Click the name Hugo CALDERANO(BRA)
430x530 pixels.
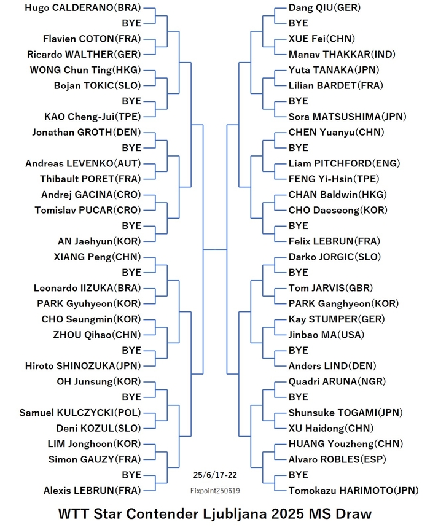83,8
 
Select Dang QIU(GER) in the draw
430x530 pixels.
324,8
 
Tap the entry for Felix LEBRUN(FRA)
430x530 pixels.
334,241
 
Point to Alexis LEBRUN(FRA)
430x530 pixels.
92,491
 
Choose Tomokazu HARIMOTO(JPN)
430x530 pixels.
354,491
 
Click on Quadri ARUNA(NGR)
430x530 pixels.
337,381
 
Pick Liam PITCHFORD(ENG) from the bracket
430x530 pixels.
344,163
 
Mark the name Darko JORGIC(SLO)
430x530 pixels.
335,257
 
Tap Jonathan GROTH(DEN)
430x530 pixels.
87,132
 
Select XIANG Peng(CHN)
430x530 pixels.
97,257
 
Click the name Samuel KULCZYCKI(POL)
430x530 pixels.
80,413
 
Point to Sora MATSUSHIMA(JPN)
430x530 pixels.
347,117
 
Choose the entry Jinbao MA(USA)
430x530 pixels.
326,335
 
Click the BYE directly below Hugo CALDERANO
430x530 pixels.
132,23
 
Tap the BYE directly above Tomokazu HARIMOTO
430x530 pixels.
298,475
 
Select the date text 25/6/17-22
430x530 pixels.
215,475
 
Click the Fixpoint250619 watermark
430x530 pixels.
215,491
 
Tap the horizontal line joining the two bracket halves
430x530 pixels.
214,249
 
